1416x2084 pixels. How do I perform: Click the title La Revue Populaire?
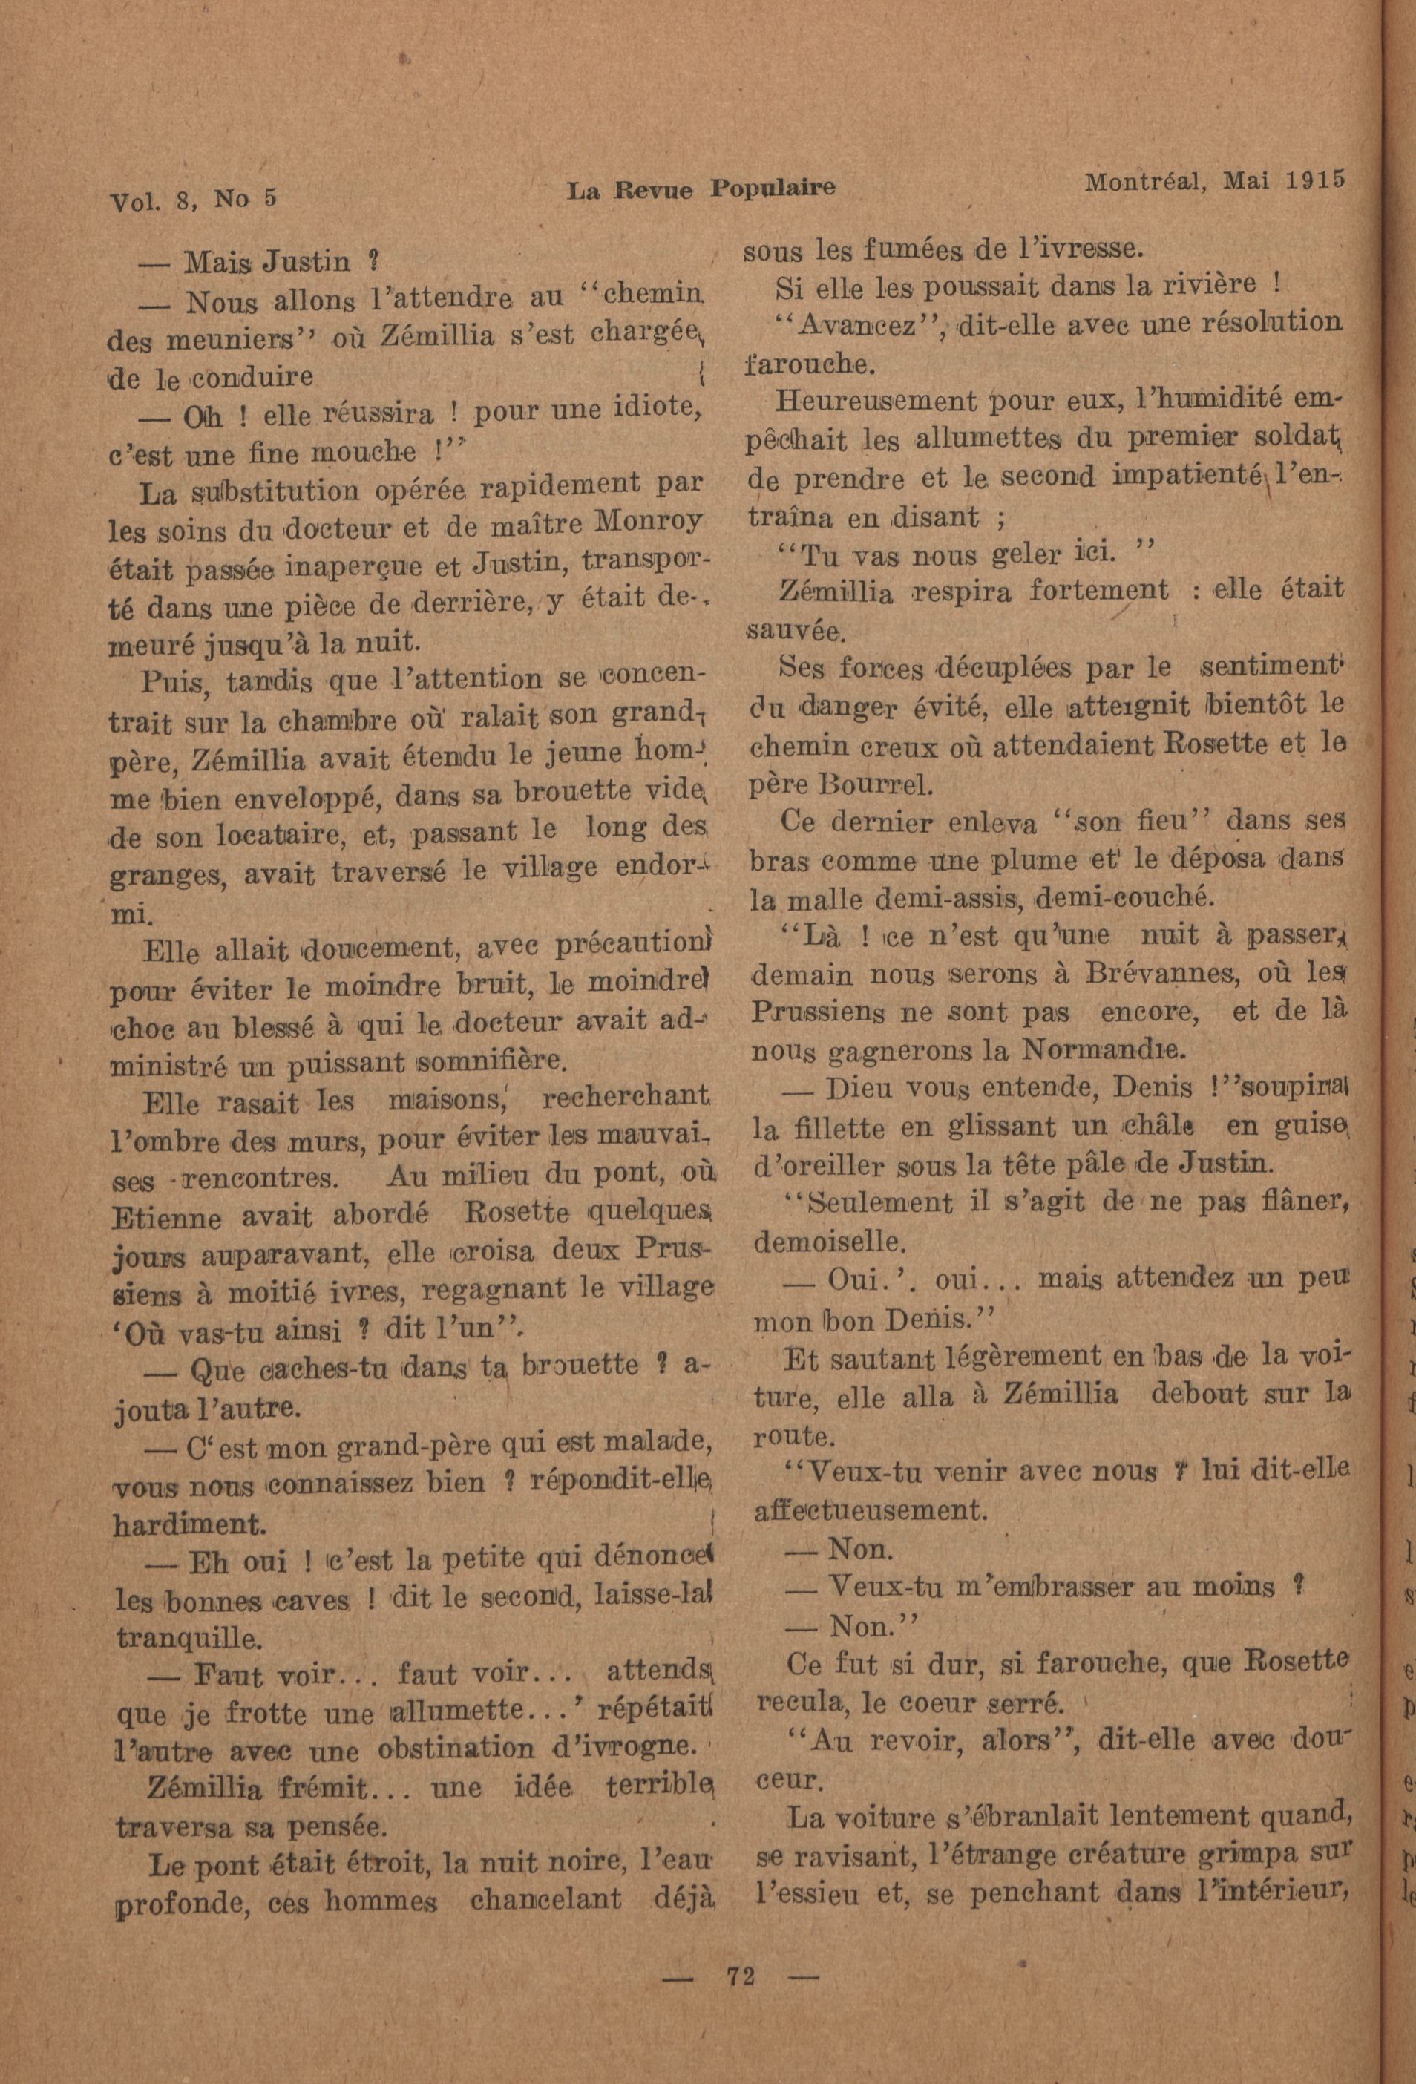coord(701,189)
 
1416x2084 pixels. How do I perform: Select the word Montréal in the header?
coord(1139,182)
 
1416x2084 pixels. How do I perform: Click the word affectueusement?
coord(869,1511)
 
